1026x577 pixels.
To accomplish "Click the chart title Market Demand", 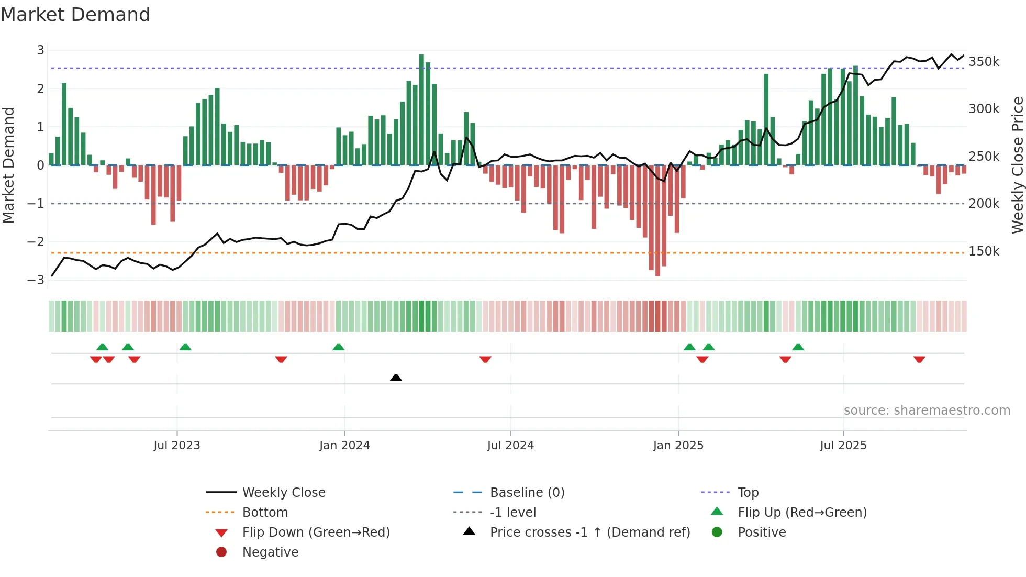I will point(75,15).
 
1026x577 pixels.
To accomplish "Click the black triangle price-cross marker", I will point(396,378).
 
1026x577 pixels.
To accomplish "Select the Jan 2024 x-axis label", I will point(344,446).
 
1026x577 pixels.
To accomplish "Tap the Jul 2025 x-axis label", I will point(843,446).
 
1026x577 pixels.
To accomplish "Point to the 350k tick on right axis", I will point(984,62).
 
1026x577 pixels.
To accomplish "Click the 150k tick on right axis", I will point(984,251).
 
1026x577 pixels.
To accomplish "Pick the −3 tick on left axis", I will point(36,280).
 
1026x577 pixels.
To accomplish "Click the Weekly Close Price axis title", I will point(1017,165).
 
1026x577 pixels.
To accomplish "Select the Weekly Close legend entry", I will point(283,493).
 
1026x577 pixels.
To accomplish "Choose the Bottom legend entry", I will point(265,513).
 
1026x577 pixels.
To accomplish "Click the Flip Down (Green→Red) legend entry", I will point(316,532).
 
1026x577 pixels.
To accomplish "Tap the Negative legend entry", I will point(270,552).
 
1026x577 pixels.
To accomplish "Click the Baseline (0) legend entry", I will point(527,493).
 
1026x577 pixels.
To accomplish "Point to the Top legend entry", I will point(748,493).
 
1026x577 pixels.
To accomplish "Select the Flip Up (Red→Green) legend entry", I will point(802,513).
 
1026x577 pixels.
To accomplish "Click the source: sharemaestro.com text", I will point(927,410).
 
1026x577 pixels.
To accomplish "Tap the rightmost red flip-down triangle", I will point(919,359).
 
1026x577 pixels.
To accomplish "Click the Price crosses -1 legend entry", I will point(589,532).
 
